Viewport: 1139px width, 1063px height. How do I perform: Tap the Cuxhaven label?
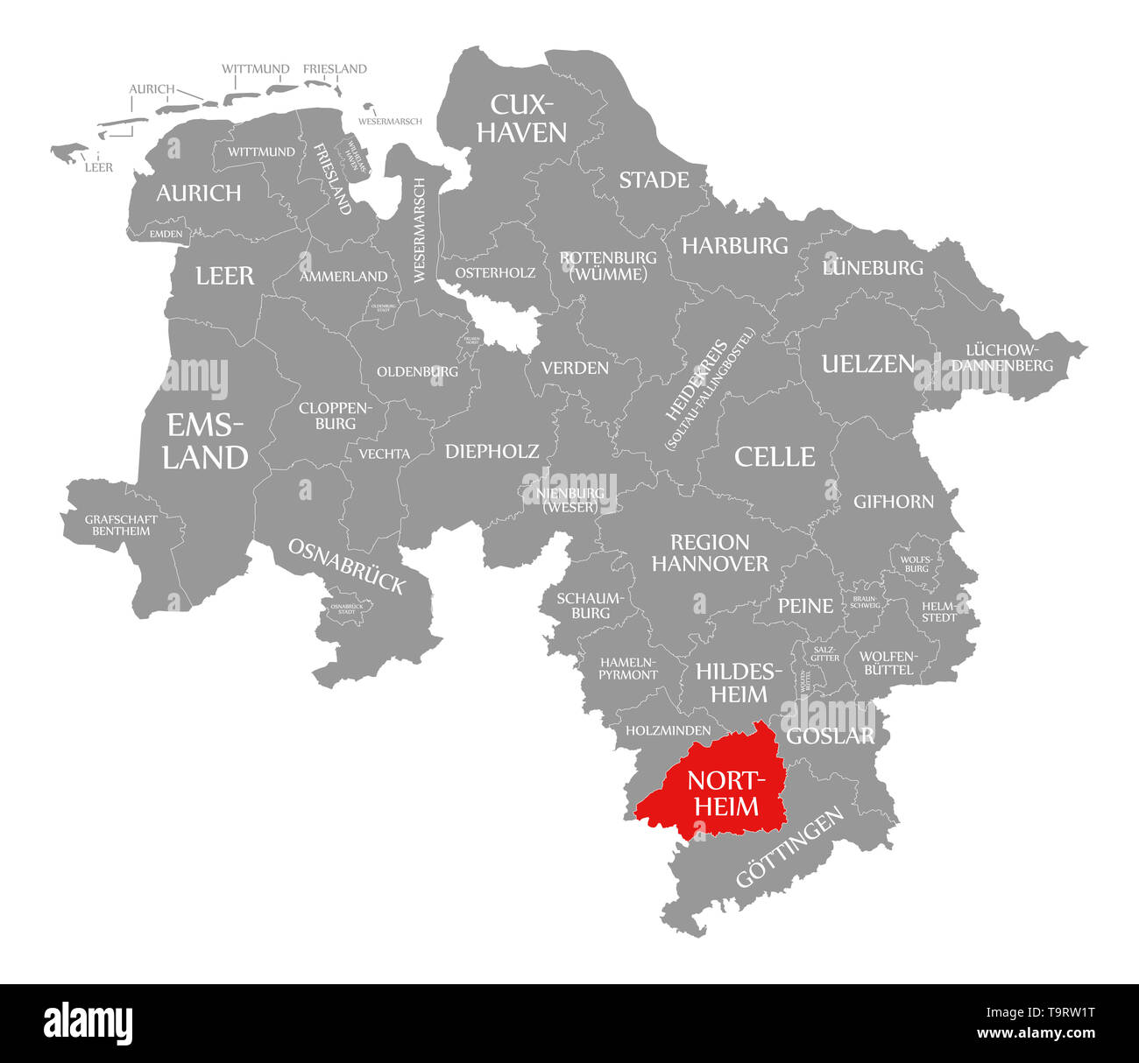[x=528, y=118]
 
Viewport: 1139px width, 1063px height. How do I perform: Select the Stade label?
[x=654, y=180]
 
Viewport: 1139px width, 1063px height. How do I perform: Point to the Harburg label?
[x=735, y=245]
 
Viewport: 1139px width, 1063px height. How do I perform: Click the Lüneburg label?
[x=873, y=267]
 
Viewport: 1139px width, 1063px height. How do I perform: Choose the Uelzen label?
[x=867, y=363]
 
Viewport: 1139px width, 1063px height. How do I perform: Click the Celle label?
[x=775, y=456]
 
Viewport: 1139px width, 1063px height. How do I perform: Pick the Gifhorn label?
[x=894, y=502]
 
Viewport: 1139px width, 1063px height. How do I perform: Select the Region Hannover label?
[x=710, y=553]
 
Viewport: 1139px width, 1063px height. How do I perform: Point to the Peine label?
[x=805, y=605]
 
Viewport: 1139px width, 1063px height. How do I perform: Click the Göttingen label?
[x=789, y=847]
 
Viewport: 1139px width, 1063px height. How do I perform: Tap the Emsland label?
[x=206, y=442]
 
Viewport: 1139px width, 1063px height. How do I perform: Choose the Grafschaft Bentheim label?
[x=122, y=524]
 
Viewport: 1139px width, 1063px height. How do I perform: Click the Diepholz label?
[x=492, y=451]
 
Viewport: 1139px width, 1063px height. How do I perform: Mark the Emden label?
[x=166, y=234]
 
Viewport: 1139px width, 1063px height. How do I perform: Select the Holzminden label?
[x=668, y=729]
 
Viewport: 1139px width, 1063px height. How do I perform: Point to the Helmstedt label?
[x=939, y=611]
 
